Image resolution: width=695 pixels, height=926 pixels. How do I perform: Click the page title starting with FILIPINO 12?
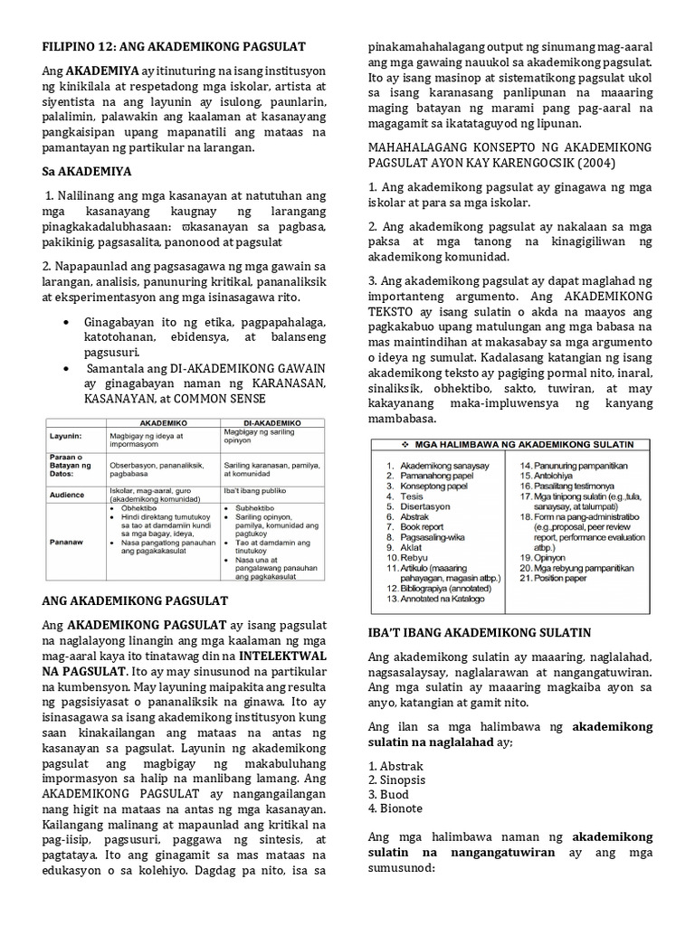(x=174, y=46)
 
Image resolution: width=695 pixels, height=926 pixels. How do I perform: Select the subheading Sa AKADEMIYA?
(x=88, y=170)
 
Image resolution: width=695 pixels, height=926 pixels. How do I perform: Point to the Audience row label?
(x=68, y=495)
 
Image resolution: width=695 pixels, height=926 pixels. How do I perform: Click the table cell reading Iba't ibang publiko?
(x=256, y=490)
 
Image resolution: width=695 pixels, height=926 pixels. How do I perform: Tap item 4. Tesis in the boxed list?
(x=413, y=496)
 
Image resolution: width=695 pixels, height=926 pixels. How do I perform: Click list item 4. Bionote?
(x=395, y=808)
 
